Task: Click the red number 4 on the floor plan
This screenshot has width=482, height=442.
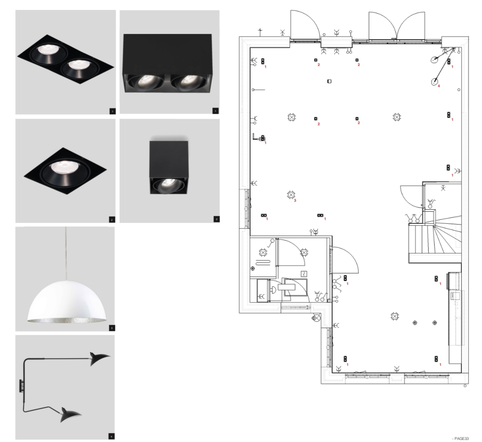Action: coord(439,86)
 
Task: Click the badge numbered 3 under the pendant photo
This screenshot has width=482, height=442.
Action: coord(112,328)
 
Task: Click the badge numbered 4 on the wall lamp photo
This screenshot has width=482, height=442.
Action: coord(112,436)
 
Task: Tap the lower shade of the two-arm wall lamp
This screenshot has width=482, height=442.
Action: coord(71,415)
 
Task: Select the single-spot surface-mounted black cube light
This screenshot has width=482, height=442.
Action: coord(168,168)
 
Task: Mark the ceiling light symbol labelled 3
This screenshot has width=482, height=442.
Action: coord(291,195)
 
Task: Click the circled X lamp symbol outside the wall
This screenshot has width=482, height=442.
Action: coord(317,319)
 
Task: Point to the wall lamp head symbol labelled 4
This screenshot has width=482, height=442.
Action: coord(434,82)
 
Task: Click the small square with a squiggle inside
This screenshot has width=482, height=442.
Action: coord(303,274)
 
